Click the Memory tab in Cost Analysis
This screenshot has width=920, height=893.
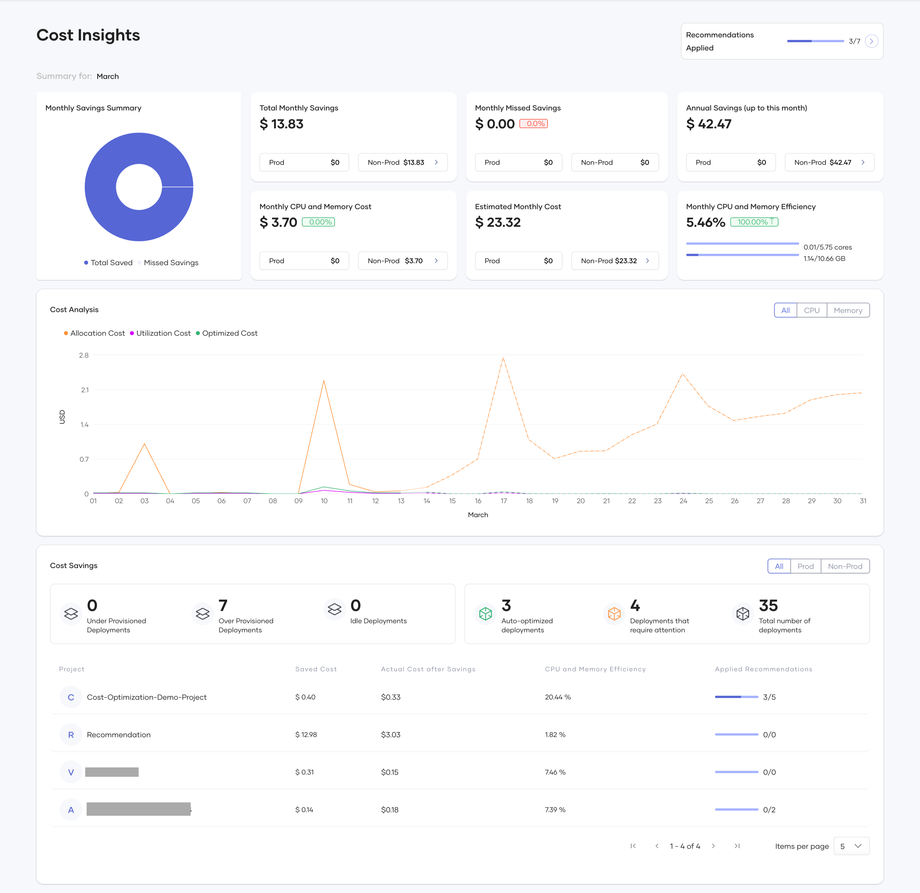pyautogui.click(x=848, y=310)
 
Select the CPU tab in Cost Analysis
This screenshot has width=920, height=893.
pyautogui.click(x=812, y=310)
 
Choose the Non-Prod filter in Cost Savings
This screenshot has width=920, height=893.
pyautogui.click(x=845, y=566)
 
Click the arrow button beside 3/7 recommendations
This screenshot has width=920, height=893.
pyautogui.click(x=871, y=41)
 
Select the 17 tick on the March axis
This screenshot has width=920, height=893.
pyautogui.click(x=504, y=501)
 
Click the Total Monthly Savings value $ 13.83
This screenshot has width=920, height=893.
pyautogui.click(x=282, y=124)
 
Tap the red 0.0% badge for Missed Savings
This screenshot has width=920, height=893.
pyautogui.click(x=534, y=123)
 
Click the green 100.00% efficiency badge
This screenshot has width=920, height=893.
pyautogui.click(x=754, y=222)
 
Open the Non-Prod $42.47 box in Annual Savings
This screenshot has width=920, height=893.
pyautogui.click(x=829, y=162)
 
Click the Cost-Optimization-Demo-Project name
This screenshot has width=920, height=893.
pyautogui.click(x=146, y=697)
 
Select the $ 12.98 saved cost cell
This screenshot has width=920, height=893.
pyautogui.click(x=306, y=735)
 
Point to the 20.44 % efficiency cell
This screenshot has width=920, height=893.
pyautogui.click(x=558, y=697)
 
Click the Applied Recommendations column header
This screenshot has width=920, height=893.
pyautogui.click(x=763, y=669)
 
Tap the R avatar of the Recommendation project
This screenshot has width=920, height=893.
pyautogui.click(x=71, y=735)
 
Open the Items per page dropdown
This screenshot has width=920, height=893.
pyautogui.click(x=851, y=846)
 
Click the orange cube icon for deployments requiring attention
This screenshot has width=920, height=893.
pyautogui.click(x=614, y=614)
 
